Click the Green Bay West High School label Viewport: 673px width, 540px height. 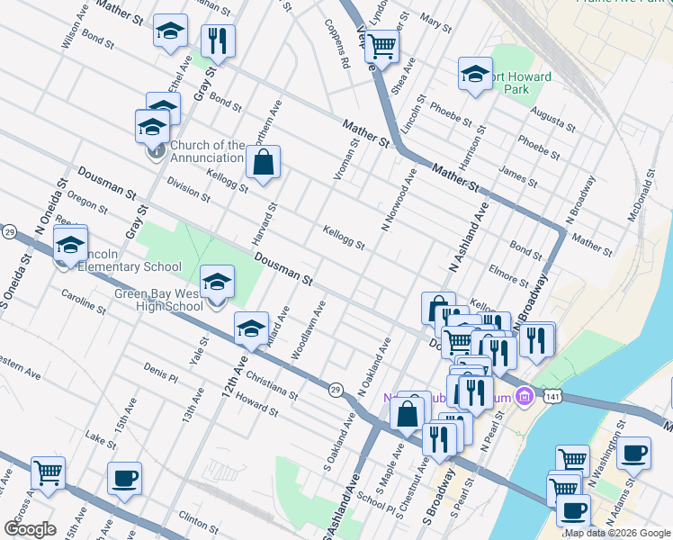coord(158,300)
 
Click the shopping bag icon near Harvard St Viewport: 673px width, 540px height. coord(263,163)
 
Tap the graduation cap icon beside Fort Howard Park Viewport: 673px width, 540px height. coord(474,75)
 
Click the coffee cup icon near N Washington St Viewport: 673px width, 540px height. coord(634,454)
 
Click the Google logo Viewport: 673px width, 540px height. coord(31,529)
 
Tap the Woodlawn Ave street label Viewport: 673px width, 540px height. coord(307,330)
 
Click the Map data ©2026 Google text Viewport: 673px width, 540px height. coord(617,533)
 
